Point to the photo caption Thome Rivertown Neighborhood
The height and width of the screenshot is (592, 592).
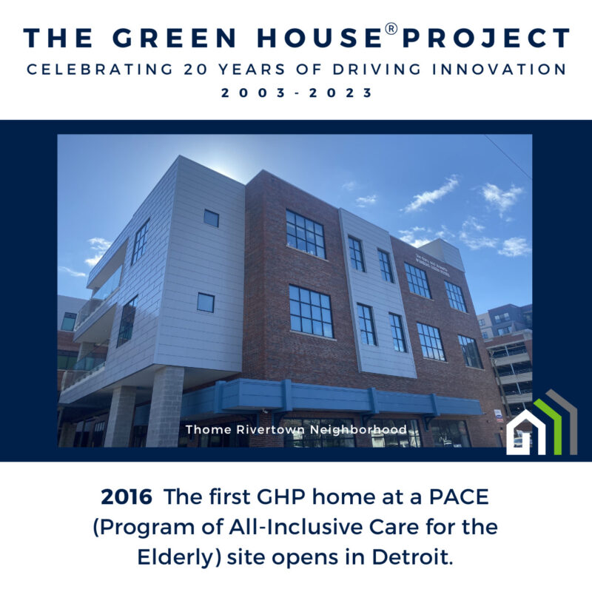tap(296, 429)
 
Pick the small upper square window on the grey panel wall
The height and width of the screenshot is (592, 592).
tap(211, 218)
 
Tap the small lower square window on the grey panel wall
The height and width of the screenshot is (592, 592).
tap(206, 302)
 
